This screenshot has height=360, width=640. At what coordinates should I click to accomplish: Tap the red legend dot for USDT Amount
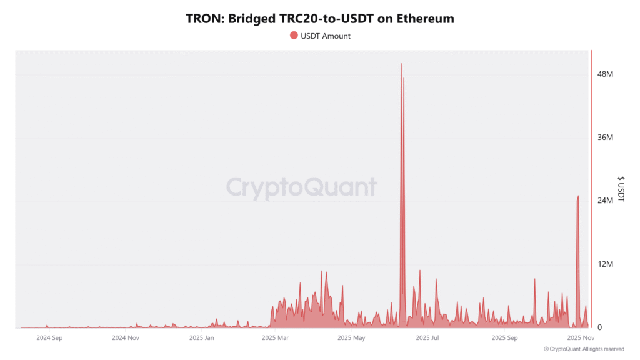294,36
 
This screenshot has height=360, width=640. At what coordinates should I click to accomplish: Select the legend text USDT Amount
326,36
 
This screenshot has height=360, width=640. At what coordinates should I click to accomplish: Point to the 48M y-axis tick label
605,74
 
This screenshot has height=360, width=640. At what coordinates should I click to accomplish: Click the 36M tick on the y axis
605,137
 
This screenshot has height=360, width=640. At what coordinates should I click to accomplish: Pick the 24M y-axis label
605,201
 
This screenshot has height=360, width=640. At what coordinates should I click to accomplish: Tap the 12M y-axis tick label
605,264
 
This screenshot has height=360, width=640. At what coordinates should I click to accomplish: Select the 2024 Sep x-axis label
49,338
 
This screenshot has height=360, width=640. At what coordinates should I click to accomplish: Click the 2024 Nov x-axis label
126,338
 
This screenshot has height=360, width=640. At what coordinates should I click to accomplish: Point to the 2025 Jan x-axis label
201,338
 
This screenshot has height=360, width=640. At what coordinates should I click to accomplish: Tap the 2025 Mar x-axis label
275,338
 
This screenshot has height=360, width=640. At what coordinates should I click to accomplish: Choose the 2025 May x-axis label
351,338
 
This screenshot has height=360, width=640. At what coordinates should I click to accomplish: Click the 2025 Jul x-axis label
427,338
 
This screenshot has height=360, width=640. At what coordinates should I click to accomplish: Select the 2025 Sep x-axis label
505,338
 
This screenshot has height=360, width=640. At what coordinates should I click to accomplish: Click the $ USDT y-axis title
621,188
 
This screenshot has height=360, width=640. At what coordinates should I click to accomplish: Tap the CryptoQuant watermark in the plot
301,187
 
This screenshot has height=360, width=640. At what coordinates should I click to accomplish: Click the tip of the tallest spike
401,63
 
